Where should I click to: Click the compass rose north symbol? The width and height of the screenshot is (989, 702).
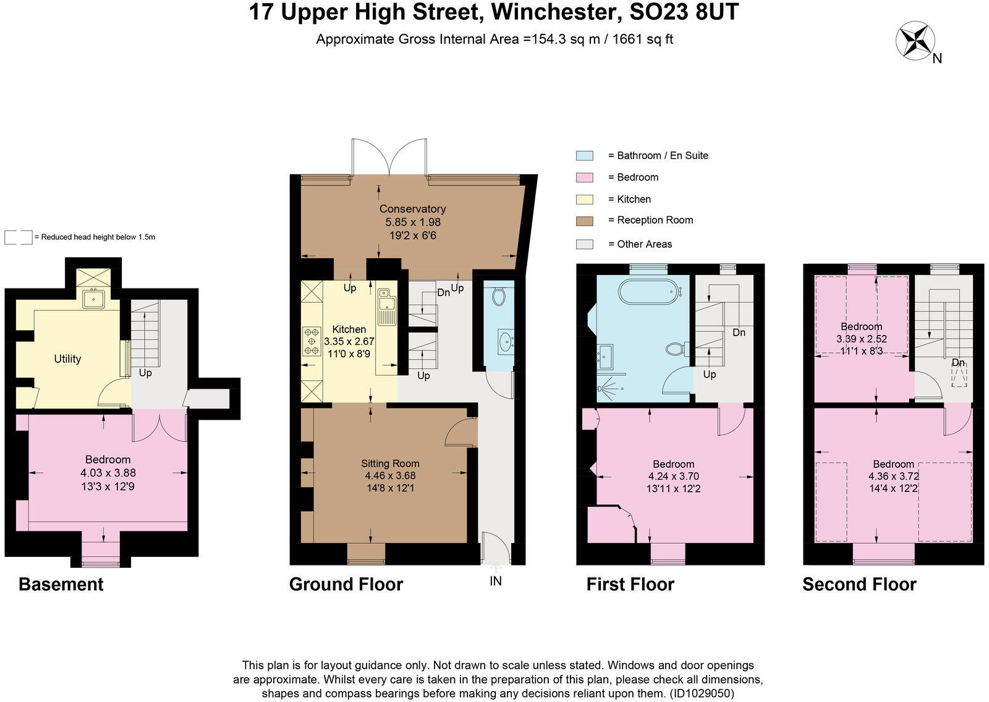[x=915, y=41]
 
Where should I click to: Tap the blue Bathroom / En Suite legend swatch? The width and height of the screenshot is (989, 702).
[x=584, y=156]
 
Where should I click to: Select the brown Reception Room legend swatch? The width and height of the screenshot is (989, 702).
[x=584, y=221]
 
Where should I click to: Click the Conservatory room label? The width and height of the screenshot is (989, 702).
[x=412, y=209]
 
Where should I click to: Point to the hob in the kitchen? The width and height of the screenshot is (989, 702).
[x=311, y=341]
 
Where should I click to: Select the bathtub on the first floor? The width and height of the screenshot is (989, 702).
[x=650, y=292]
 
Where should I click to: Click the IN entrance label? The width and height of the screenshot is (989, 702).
[x=495, y=581]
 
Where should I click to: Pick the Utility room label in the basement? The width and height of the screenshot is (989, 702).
[x=67, y=359]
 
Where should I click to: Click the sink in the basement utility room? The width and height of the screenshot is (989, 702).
[x=94, y=299]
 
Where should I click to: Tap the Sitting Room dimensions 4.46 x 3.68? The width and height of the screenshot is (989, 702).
[x=390, y=476]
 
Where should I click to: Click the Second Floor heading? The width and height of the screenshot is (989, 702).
[x=859, y=584]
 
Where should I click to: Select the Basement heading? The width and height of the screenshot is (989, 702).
[x=61, y=584]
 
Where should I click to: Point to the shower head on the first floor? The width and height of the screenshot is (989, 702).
[x=601, y=389]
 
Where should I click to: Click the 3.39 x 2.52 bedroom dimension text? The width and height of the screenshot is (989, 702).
[x=861, y=339]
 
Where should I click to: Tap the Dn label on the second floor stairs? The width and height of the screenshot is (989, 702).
[x=958, y=363]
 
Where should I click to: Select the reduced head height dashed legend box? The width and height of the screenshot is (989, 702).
[x=18, y=237]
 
